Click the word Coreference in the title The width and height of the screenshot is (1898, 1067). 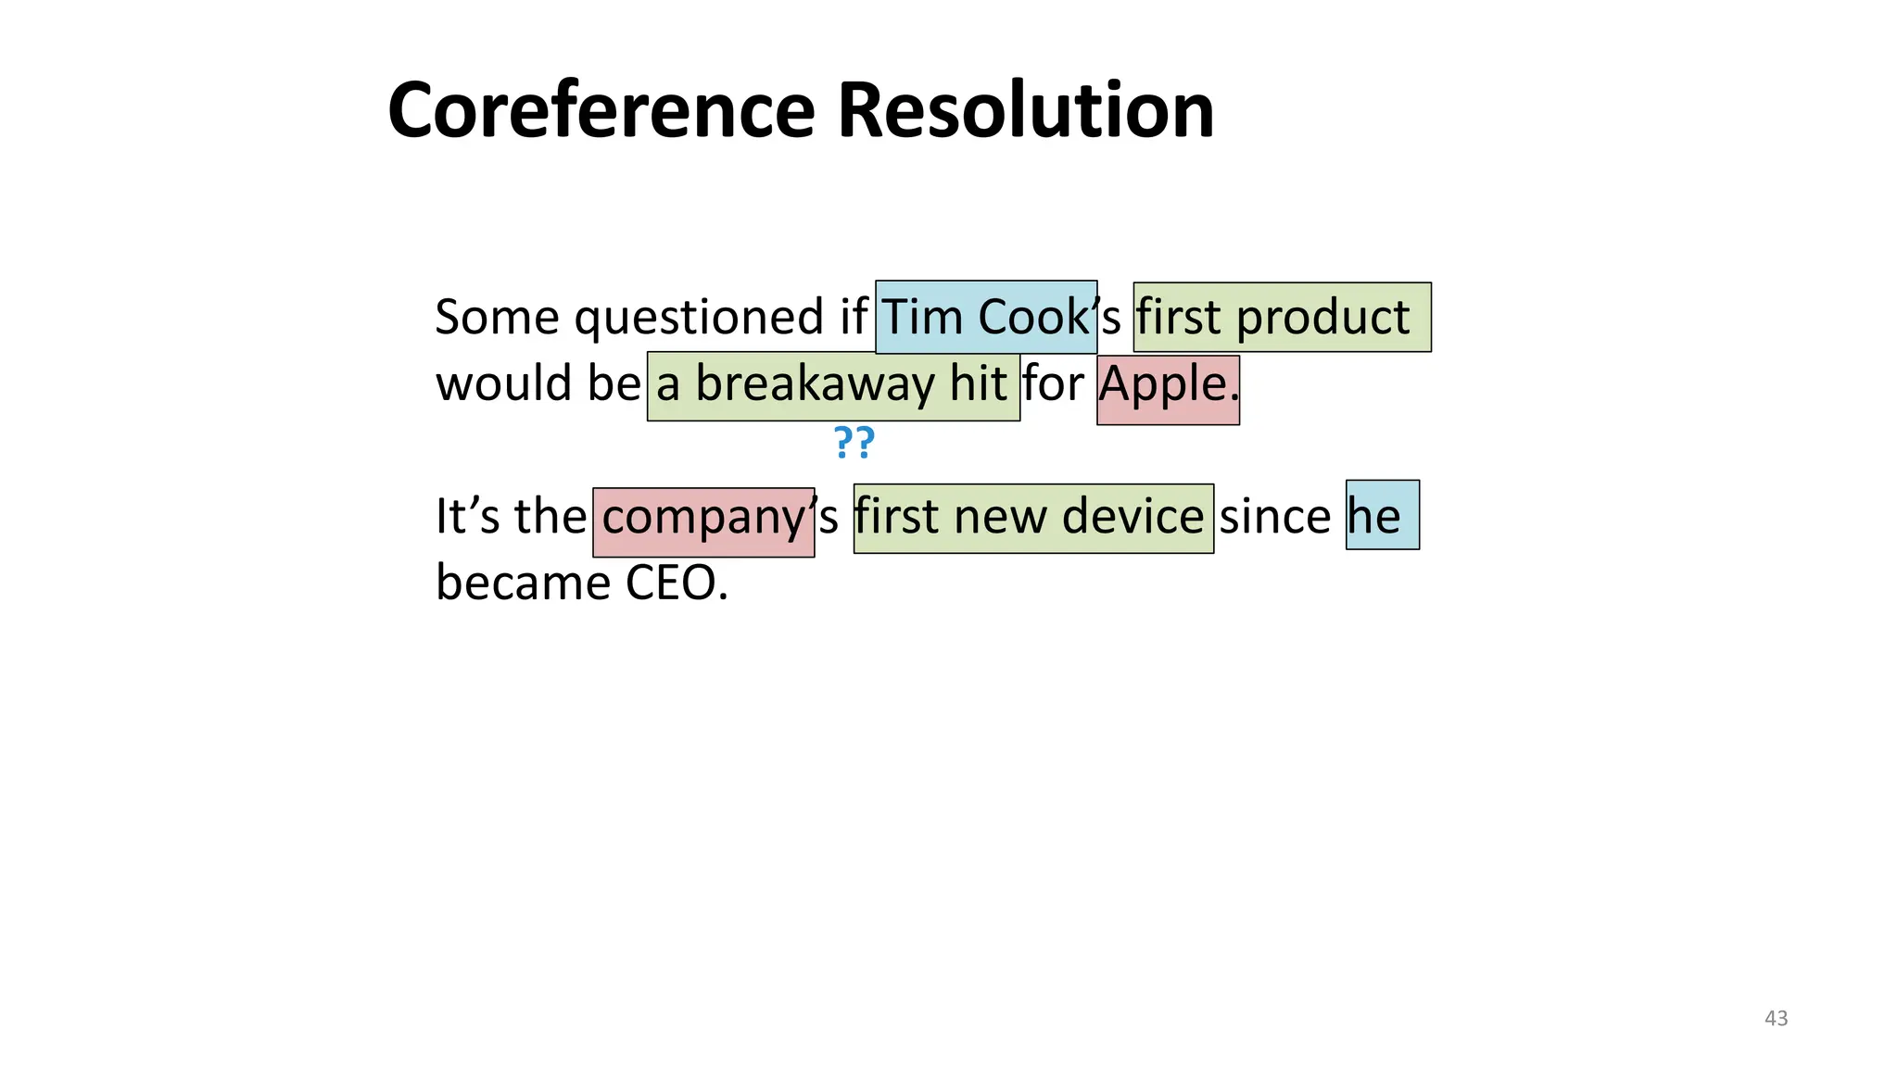[x=601, y=111]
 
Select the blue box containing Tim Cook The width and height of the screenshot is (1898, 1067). [x=986, y=317]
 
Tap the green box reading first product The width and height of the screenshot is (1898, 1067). [x=1282, y=317]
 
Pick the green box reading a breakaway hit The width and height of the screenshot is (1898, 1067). [x=832, y=385]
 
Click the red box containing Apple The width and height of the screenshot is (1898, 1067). [x=1168, y=389]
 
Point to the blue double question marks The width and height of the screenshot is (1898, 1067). [x=854, y=443]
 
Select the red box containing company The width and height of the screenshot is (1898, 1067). [x=703, y=521]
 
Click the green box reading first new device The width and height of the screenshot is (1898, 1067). [x=1032, y=518]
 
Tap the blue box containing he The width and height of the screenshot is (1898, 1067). [x=1381, y=515]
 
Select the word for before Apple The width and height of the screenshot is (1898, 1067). [x=1053, y=383]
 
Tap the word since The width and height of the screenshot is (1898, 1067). [x=1274, y=516]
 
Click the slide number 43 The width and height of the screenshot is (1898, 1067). [x=1776, y=1018]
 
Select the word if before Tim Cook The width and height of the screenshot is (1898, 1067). [x=853, y=317]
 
